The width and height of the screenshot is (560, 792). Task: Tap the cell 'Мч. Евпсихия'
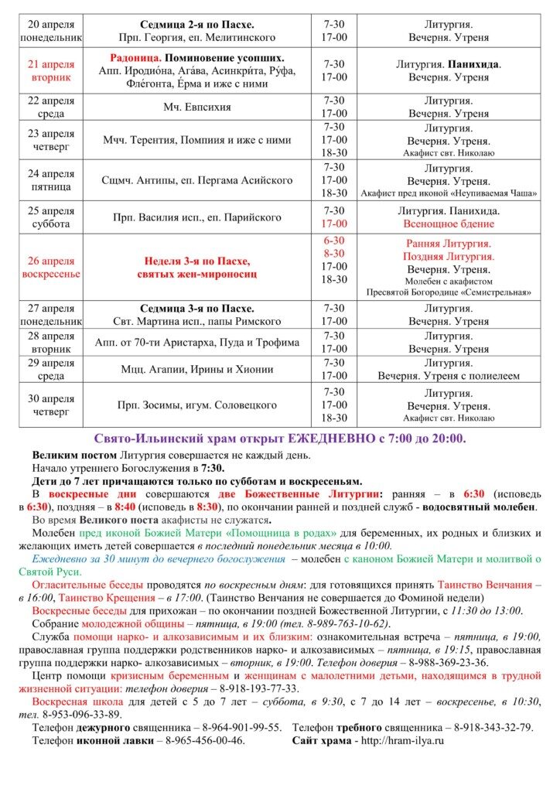(x=197, y=107)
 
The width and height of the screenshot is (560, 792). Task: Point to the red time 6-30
(x=334, y=241)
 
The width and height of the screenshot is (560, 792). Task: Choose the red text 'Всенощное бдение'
(x=449, y=224)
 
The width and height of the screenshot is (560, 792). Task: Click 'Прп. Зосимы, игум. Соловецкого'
(x=197, y=405)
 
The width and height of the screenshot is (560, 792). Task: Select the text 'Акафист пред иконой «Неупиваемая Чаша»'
(x=449, y=193)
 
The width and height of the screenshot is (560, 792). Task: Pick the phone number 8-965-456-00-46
(x=205, y=740)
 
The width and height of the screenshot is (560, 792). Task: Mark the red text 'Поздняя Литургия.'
(x=449, y=256)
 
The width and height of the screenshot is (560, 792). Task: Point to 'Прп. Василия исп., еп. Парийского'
(x=197, y=217)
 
